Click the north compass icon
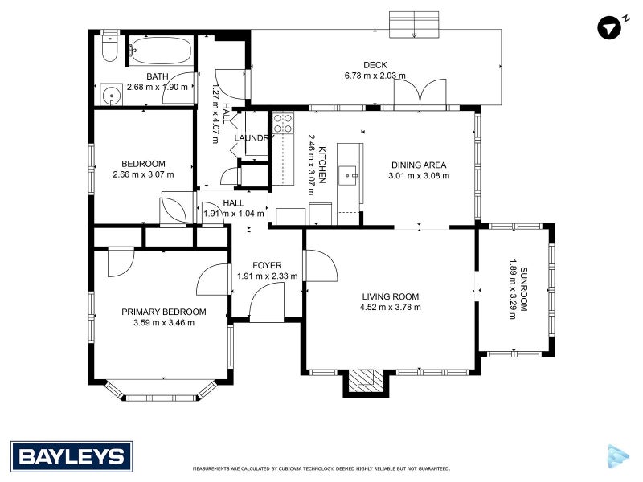coord(609,27)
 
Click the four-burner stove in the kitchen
coord(283,123)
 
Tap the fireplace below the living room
coord(366,382)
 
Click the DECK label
coord(375,66)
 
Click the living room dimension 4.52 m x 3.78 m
coord(391,307)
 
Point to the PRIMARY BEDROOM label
coord(164,312)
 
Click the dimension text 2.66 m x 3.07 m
coord(144,174)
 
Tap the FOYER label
coord(267,265)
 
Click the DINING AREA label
coord(418,164)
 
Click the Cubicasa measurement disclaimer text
coord(321,468)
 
